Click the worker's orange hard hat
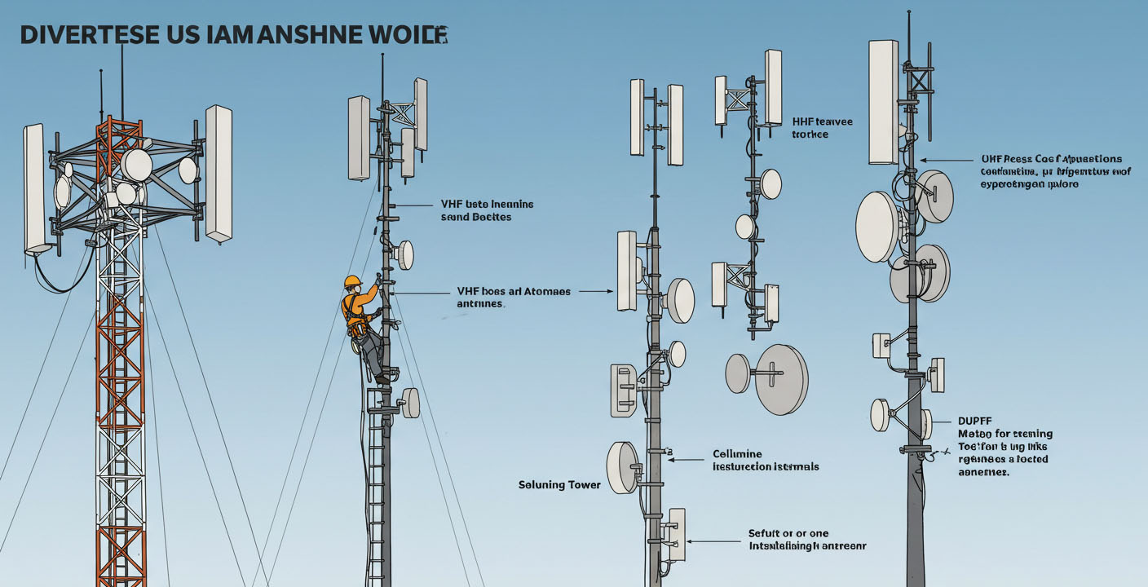click(x=352, y=281)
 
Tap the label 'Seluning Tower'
click(x=559, y=485)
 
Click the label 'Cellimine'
click(x=737, y=453)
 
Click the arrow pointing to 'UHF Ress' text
click(x=946, y=161)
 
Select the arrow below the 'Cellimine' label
click(x=686, y=460)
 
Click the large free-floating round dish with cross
click(x=780, y=379)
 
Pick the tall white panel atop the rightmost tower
click(x=883, y=102)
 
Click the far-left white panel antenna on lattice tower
click(x=34, y=188)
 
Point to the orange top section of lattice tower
click(x=118, y=135)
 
